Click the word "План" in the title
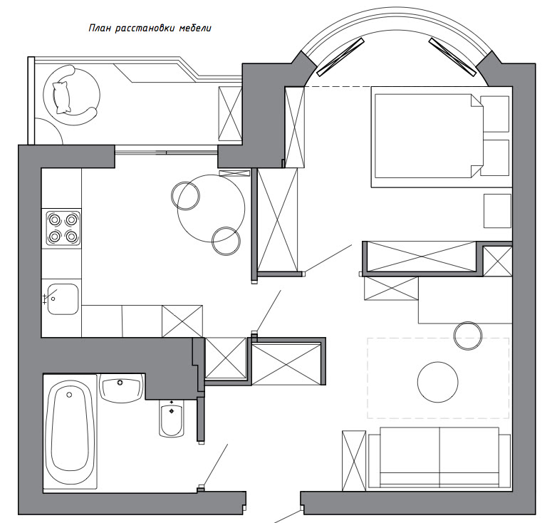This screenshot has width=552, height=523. (100, 29)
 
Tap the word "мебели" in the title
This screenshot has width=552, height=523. (195, 29)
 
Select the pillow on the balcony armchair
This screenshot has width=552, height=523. (61, 98)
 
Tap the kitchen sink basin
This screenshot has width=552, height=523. (63, 299)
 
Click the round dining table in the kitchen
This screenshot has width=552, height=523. (211, 208)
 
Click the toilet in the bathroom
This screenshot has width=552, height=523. (172, 418)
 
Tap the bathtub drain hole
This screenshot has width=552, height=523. (69, 395)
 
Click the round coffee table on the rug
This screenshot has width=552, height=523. (437, 382)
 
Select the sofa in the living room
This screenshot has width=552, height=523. (439, 458)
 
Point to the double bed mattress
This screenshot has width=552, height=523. (428, 136)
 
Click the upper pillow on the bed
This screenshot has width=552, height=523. (494, 114)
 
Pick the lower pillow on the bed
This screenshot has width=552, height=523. (494, 157)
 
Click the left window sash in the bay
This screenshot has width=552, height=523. (340, 57)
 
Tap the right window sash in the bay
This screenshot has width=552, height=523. (452, 57)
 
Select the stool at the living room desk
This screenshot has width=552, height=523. (467, 336)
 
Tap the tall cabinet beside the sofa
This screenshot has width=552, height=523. (354, 460)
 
